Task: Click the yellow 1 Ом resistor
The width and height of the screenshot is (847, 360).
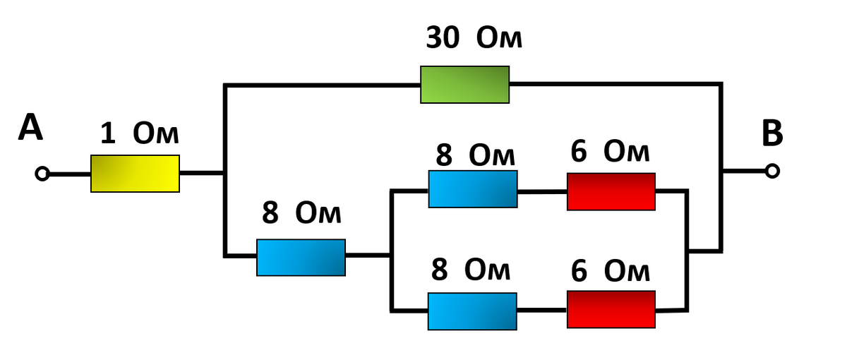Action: click(x=135, y=174)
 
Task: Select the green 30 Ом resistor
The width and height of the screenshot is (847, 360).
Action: click(x=464, y=85)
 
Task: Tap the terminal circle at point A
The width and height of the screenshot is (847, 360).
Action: click(x=42, y=174)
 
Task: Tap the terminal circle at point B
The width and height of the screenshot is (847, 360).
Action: click(x=773, y=171)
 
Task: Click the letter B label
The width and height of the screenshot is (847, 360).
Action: click(x=772, y=133)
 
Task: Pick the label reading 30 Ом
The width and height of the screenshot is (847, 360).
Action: click(x=474, y=39)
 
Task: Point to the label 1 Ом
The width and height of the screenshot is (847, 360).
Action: click(x=139, y=133)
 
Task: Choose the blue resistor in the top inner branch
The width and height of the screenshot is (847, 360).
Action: click(x=473, y=189)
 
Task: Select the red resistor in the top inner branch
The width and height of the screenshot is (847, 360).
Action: click(x=611, y=191)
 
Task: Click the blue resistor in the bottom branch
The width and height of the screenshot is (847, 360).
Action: click(x=472, y=311)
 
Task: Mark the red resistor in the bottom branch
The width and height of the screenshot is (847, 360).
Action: click(x=611, y=310)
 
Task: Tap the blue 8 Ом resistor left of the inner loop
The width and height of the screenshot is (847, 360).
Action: click(x=301, y=257)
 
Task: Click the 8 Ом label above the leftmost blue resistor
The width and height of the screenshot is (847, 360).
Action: click(x=301, y=212)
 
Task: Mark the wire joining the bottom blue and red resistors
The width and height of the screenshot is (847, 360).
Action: click(x=541, y=311)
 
